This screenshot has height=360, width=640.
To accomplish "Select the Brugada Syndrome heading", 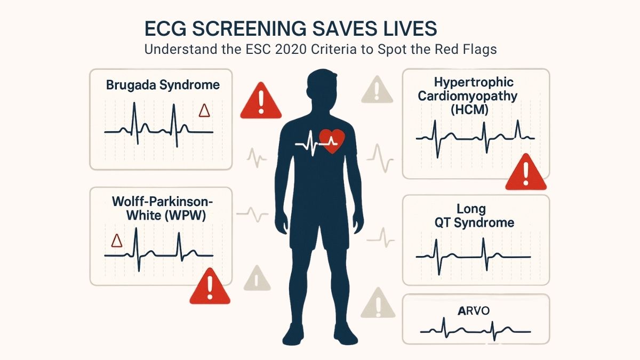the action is pyautogui.click(x=163, y=85).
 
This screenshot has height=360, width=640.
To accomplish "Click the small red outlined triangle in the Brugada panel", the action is pyautogui.click(x=204, y=110).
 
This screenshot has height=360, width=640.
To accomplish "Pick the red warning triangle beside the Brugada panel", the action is pyautogui.click(x=261, y=101).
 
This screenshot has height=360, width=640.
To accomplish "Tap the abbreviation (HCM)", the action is pyautogui.click(x=469, y=110).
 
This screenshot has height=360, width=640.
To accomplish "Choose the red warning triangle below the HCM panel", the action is pyautogui.click(x=526, y=172).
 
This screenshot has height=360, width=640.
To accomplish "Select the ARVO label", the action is pyautogui.click(x=474, y=310).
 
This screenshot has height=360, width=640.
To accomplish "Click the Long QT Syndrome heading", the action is pyautogui.click(x=474, y=215).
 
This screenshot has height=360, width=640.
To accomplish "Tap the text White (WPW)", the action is pyautogui.click(x=166, y=215).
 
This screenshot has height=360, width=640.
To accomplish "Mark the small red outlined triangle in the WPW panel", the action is pyautogui.click(x=117, y=241).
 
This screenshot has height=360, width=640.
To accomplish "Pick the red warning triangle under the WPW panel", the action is pyautogui.click(x=210, y=286).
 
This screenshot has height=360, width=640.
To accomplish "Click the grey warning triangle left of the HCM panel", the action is pyautogui.click(x=377, y=90).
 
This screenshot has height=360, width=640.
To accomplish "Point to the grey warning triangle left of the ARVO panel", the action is pyautogui.click(x=378, y=303).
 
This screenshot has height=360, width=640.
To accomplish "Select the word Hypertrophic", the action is pyautogui.click(x=474, y=83).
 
